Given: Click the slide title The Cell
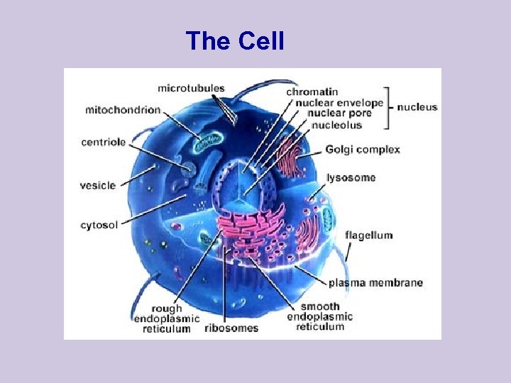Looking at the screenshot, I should point(234,41).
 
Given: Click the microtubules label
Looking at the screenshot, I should point(191,89).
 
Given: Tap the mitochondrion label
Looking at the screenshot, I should point(123,110).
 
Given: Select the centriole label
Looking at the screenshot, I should point(104,142).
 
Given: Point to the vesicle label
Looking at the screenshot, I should point(98,185).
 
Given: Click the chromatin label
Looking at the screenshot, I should point(312,91).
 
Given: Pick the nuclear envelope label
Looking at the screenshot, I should point(334,103).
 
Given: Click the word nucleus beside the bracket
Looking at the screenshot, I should point(417,108).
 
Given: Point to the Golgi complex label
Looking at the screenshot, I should point(363,150).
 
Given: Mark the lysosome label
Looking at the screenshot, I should point(351,177).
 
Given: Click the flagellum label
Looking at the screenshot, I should point(368,235).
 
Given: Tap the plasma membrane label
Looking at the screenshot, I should point(375,283).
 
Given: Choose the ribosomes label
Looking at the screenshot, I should point(231,328).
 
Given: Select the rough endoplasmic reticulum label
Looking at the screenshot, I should point(167,318).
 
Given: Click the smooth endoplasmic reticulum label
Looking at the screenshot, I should point(319,316).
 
